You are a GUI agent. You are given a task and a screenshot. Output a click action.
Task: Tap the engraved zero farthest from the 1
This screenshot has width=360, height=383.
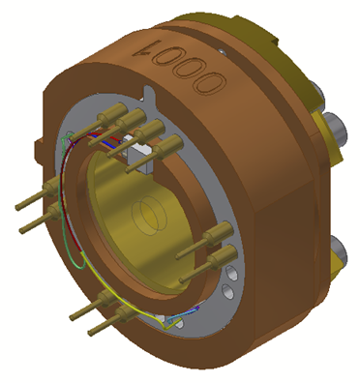pos(210,82)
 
